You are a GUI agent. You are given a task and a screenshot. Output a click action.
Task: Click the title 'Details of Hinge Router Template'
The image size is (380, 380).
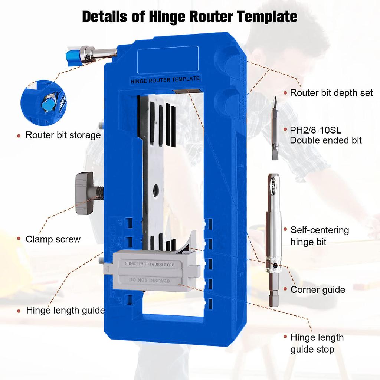pos(190,17)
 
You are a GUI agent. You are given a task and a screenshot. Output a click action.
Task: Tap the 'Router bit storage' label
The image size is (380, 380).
pos(63,135)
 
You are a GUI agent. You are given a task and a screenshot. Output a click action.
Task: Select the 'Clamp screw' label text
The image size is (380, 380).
pos(53,239)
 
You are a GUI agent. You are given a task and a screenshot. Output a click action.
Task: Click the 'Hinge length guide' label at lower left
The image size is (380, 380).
pos(65,310)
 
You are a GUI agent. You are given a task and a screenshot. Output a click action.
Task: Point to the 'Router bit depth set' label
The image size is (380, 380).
pos(331,93)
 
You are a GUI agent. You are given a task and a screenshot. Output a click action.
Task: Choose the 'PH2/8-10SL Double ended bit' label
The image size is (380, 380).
pos(325,135)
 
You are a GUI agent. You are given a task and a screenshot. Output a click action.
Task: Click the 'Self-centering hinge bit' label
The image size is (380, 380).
pos(320,236)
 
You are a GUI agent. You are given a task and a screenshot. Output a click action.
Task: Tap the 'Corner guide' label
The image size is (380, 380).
pos(318,289)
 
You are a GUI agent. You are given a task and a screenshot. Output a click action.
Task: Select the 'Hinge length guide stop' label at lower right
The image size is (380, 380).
pos(317,343)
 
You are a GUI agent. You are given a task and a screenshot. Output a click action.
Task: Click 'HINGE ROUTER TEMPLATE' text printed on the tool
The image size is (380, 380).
pos(165,79)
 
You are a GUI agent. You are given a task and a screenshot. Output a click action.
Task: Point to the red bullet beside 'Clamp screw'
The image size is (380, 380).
pos(19,239)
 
